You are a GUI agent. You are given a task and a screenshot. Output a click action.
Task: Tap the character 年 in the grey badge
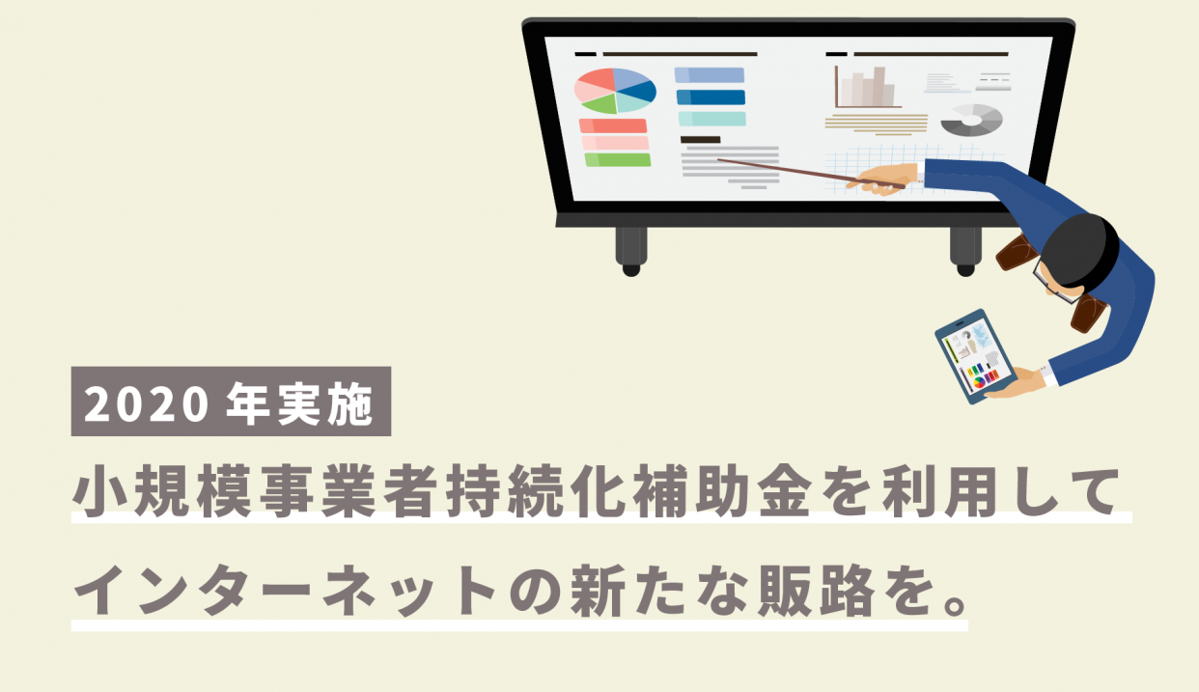(247, 403)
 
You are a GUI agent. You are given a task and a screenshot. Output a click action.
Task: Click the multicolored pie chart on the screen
(615, 91)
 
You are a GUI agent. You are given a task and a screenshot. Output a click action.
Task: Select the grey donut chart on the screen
(971, 120)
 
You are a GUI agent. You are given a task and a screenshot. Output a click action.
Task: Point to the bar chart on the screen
(867, 87)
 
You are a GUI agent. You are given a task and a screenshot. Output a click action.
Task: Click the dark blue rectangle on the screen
(711, 97)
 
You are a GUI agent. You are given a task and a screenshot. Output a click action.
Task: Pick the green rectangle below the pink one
(618, 159)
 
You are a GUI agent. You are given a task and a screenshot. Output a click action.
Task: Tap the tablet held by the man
(975, 356)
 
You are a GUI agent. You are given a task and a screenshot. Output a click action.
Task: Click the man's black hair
(1080, 249)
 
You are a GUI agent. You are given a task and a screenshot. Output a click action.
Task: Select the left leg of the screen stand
(631, 251)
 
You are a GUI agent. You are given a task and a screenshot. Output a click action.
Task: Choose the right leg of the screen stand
(965, 251)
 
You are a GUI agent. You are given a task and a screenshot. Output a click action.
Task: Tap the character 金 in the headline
(784, 490)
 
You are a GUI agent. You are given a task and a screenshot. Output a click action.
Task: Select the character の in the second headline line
(535, 591)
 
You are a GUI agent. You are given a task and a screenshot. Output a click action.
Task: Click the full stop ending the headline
(955, 604)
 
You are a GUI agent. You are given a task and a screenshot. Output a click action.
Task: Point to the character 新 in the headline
(598, 591)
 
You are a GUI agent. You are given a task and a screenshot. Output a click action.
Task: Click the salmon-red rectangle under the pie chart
(613, 125)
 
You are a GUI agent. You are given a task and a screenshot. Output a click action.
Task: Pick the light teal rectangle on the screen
(712, 119)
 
